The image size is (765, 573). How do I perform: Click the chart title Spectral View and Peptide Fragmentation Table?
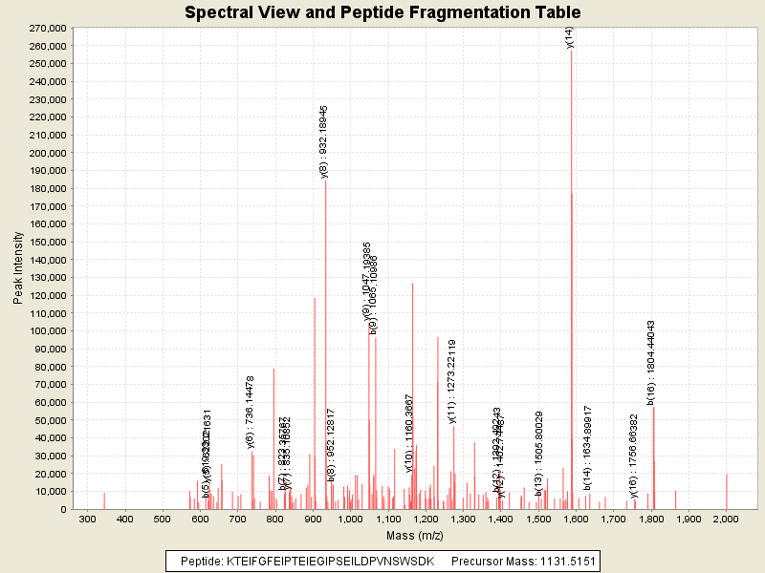(x=382, y=12)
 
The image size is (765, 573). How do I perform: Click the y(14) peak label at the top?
(x=570, y=37)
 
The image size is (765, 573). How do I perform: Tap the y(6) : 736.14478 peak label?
(x=251, y=412)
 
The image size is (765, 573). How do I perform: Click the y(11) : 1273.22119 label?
(x=452, y=381)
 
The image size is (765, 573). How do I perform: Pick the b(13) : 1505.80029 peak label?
(x=539, y=454)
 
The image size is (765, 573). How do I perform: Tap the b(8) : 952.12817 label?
(x=331, y=449)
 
